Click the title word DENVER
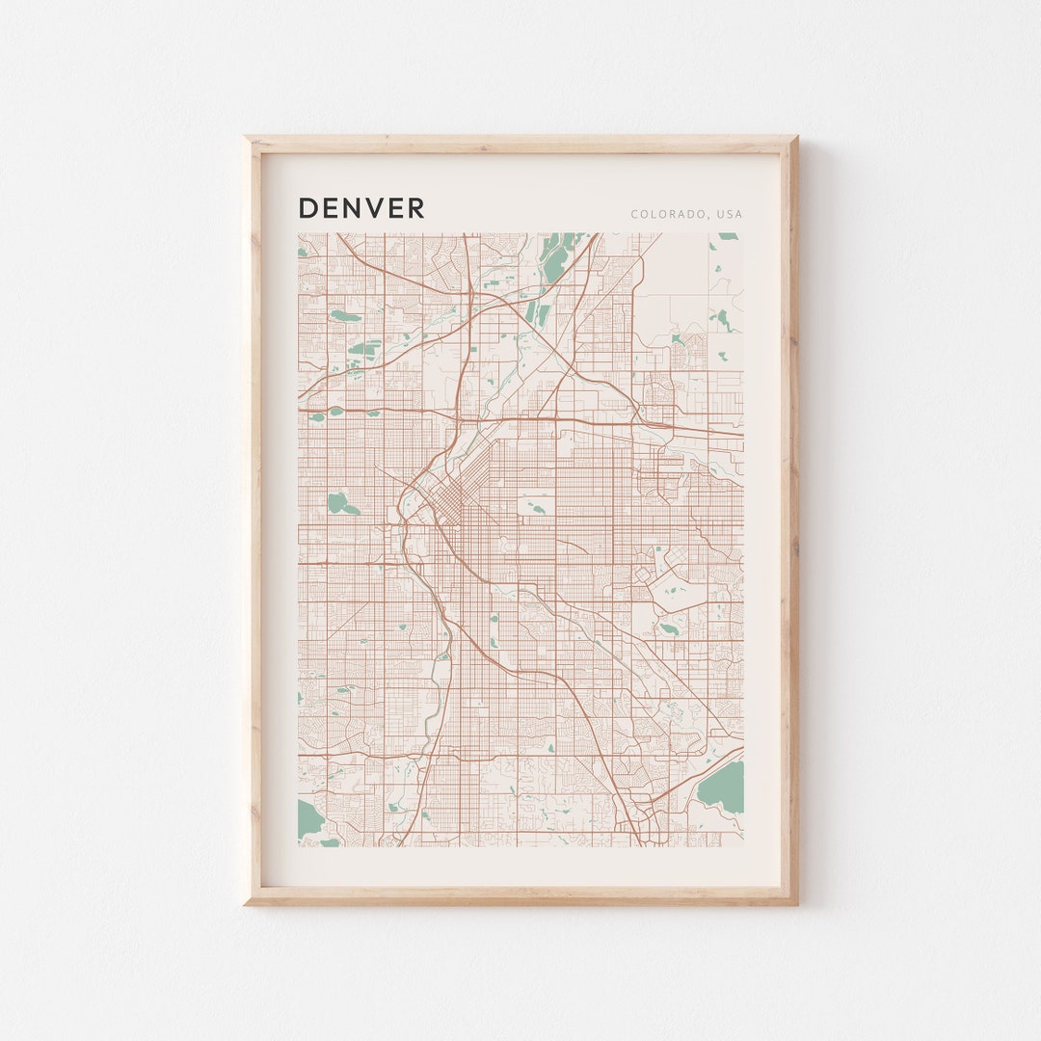(361, 208)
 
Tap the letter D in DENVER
(307, 208)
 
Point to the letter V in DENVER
(371, 208)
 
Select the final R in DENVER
(415, 208)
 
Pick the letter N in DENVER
(349, 208)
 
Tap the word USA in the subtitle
(729, 215)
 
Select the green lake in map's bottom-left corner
(308, 817)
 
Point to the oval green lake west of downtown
(337, 502)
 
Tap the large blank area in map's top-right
(675, 265)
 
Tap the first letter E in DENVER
(329, 208)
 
